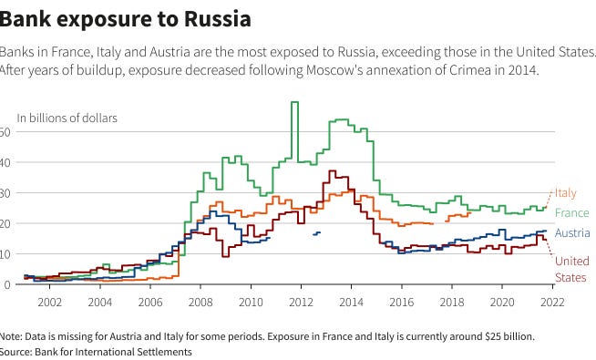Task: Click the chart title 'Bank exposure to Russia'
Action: [x=125, y=17]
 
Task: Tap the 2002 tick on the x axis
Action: [x=49, y=301]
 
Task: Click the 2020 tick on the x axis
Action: [x=502, y=301]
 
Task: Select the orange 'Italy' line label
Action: [x=566, y=193]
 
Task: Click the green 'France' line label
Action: [x=572, y=213]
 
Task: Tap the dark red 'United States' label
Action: [x=572, y=270]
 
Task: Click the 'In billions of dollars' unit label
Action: [x=67, y=118]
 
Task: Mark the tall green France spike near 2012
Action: [x=294, y=103]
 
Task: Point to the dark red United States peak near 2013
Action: [x=332, y=171]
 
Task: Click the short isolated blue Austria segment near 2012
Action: [x=316, y=233]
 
